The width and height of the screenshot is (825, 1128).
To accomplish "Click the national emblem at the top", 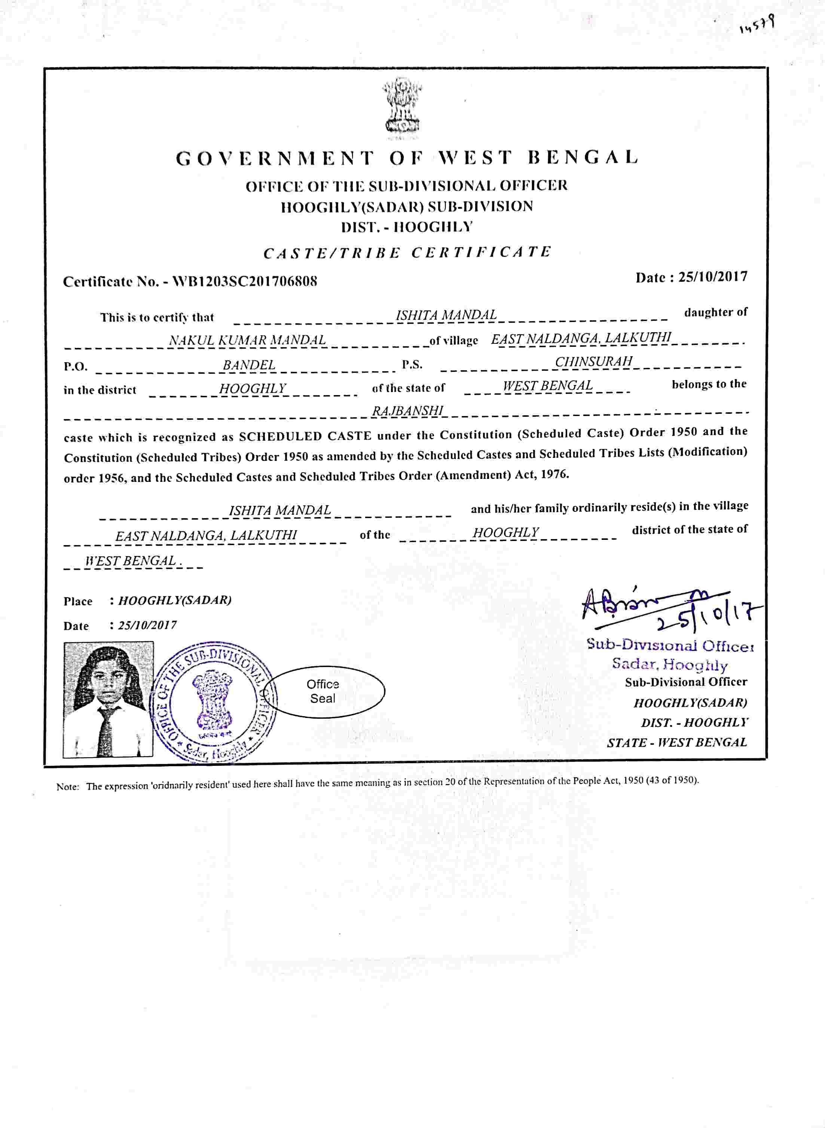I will pyautogui.click(x=401, y=107).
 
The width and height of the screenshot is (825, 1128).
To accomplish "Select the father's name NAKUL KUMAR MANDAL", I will pyautogui.click(x=247, y=340).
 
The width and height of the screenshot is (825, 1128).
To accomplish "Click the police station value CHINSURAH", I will pyautogui.click(x=594, y=361).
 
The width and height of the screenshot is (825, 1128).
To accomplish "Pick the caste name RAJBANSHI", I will pyautogui.click(x=408, y=410).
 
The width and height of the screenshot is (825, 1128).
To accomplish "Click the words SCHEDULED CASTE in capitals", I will pyautogui.click(x=305, y=436).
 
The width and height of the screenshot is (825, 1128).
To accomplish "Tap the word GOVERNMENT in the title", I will pyautogui.click(x=275, y=158).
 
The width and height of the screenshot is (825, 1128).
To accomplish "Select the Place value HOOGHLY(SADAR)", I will pyautogui.click(x=175, y=600).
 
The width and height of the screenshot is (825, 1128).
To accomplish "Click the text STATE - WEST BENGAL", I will pyautogui.click(x=677, y=743).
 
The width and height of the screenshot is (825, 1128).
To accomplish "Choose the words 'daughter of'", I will pyautogui.click(x=716, y=312).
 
